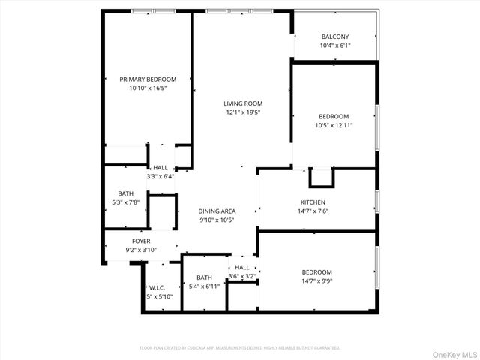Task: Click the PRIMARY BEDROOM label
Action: [148, 79]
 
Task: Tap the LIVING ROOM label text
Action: [243, 103]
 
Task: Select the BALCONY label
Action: [335, 37]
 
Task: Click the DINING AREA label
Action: [217, 211]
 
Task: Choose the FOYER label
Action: [120, 241]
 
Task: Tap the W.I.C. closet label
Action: [157, 287]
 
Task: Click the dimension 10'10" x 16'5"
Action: [148, 88]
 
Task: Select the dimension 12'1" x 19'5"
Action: [243, 112]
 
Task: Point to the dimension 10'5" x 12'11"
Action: [334, 125]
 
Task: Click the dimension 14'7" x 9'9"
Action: [316, 281]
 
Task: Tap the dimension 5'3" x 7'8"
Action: [125, 202]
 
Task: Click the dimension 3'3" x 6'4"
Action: [160, 177]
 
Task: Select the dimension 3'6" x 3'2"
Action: [242, 276]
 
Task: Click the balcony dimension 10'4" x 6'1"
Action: [335, 46]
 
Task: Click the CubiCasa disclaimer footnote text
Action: [240, 347]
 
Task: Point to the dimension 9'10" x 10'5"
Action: [217, 220]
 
